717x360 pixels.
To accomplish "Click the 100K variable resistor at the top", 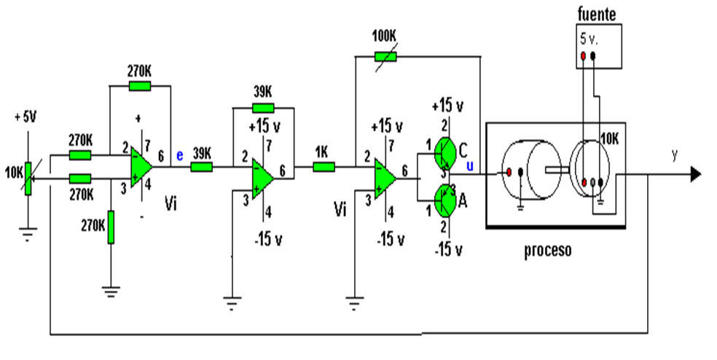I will pos(385,57).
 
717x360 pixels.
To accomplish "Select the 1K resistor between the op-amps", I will pos(324,167).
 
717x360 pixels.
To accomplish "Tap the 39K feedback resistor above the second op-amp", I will pos(263,108).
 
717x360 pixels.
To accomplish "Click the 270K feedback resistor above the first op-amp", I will pos(139,86).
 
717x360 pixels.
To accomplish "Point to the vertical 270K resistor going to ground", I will pos(111,228).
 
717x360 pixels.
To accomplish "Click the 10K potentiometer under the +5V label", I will pos(28,175).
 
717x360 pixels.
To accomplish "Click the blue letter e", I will pos(180,154).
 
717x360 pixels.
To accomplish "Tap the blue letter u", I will pos(469,166).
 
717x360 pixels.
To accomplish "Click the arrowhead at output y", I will pos(696,174).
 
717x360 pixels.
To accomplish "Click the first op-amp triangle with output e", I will pos(140,167).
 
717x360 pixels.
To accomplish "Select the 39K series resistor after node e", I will pos(201,167).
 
